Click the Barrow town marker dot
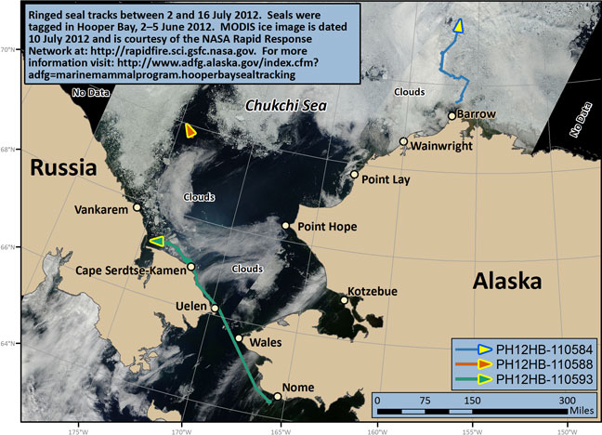click(451, 116)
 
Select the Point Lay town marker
click(354, 174)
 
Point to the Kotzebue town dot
click(345, 299)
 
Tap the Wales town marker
click(239, 338)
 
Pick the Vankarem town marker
click(137, 207)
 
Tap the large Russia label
click(63, 169)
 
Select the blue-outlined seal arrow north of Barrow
click(458, 26)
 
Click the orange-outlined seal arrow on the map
click(190, 131)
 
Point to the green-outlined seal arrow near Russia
click(156, 242)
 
